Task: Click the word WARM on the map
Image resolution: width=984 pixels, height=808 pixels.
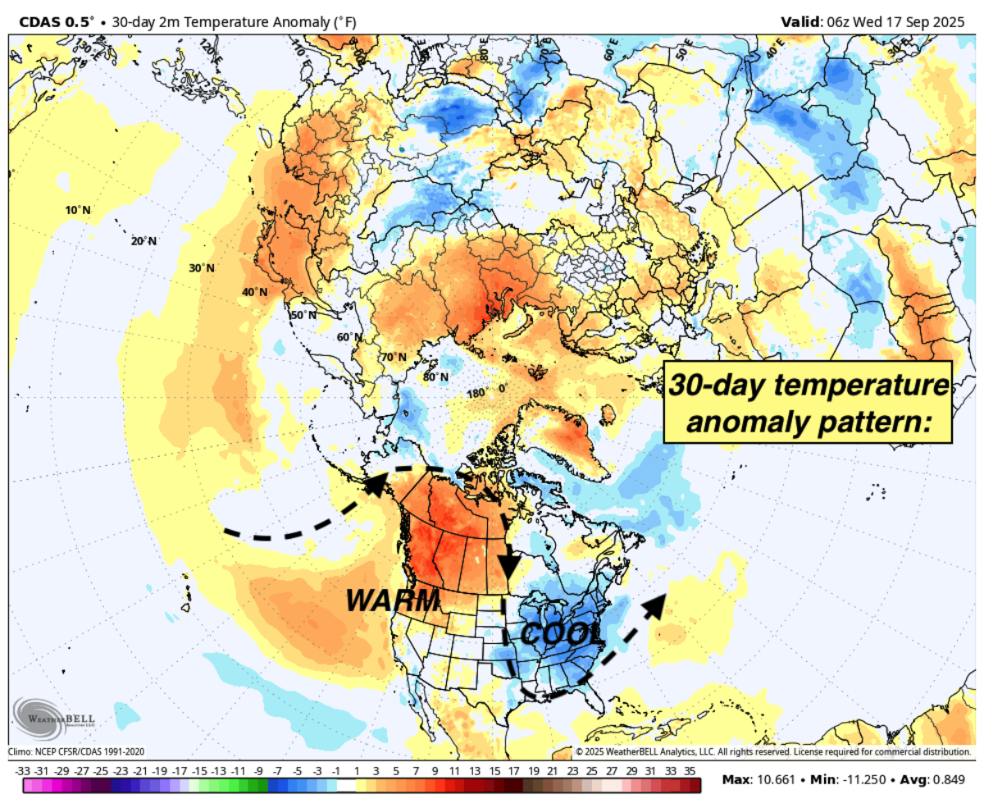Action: click(392, 600)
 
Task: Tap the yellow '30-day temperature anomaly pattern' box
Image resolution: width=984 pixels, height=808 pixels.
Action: click(807, 403)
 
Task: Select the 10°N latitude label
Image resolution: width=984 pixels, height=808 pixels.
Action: click(78, 211)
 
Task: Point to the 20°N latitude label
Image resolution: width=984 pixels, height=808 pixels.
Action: click(143, 241)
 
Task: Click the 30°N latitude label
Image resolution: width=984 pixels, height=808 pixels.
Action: click(201, 268)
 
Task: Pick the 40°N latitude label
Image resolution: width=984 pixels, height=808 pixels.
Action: click(255, 292)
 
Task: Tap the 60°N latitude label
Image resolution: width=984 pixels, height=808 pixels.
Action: click(348, 337)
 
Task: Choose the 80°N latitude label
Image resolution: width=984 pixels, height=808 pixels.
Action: click(435, 377)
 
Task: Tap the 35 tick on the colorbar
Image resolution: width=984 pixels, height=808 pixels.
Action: click(689, 772)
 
